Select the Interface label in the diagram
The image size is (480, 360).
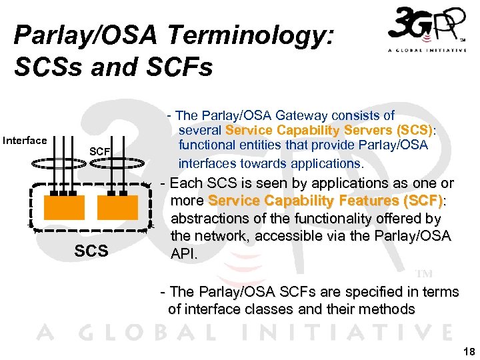[x=25, y=140]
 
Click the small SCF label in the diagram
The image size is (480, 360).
[x=99, y=152]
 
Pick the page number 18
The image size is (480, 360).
[x=468, y=351]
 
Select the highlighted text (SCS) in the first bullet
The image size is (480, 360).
[x=415, y=130]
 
